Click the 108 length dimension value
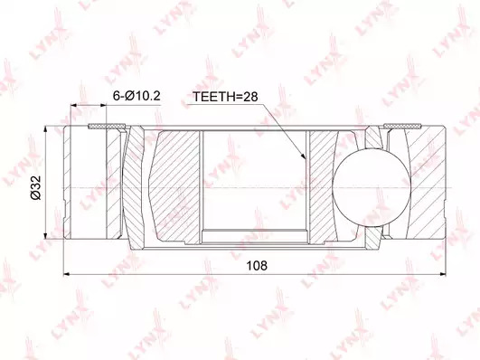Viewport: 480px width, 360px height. tap(257, 265)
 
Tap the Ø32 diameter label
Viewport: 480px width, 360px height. tap(36, 188)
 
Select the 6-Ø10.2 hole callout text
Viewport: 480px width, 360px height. tap(136, 96)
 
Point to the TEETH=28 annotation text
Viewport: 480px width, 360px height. tap(225, 97)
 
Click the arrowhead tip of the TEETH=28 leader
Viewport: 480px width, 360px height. tap(306, 159)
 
